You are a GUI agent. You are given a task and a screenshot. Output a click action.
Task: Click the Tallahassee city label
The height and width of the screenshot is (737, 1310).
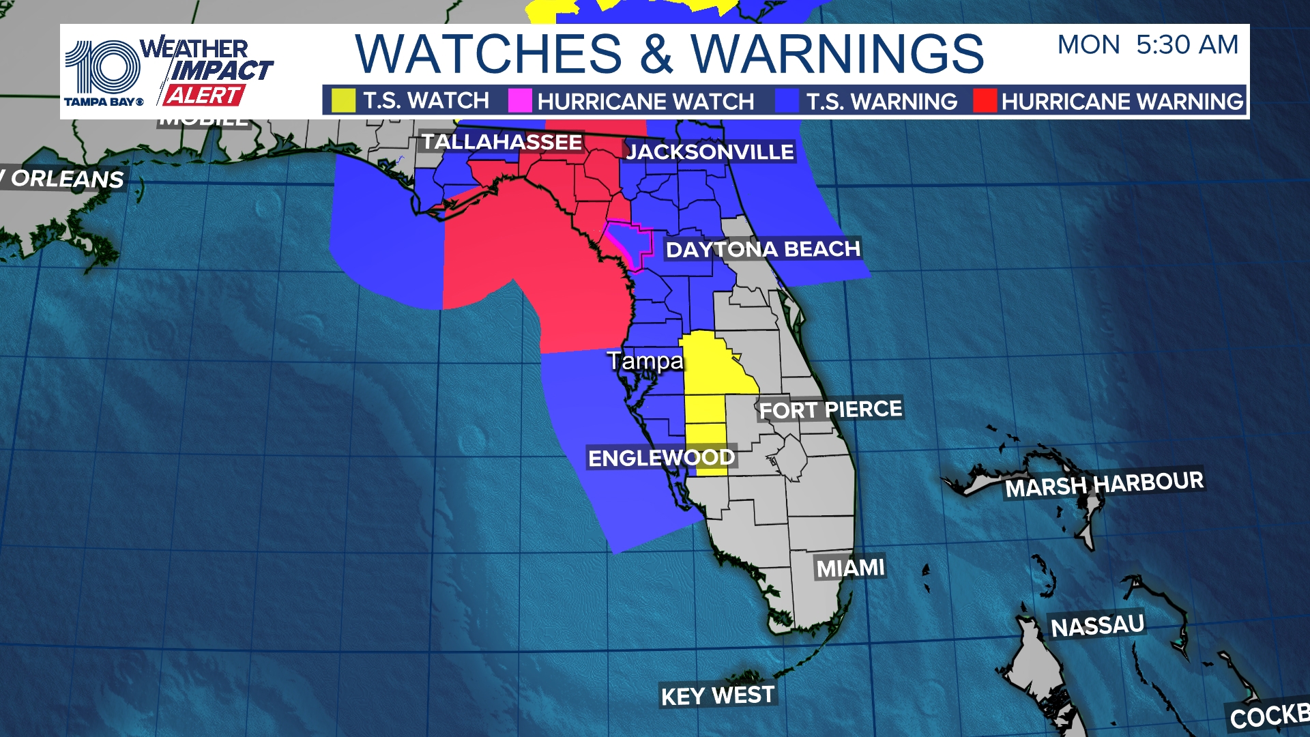pyautogui.click(x=501, y=142)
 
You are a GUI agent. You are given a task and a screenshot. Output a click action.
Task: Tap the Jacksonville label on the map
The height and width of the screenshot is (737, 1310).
pyautogui.click(x=710, y=151)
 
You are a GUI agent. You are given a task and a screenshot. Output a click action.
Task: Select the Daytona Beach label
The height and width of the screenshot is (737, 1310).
pyautogui.click(x=763, y=249)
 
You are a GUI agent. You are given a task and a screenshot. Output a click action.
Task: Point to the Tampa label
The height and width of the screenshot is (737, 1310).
pyautogui.click(x=645, y=360)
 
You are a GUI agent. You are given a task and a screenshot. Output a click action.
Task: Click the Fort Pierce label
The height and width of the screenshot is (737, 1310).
pyautogui.click(x=830, y=409)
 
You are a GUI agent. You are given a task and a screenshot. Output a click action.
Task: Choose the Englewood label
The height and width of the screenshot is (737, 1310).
pyautogui.click(x=661, y=458)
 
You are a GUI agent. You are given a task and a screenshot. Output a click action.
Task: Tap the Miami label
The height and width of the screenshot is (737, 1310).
pyautogui.click(x=850, y=568)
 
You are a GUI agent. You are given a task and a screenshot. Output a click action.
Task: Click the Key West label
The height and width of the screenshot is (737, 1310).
pyautogui.click(x=717, y=695)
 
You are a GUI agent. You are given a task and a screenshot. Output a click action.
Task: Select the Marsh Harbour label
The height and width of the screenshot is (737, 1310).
pyautogui.click(x=1104, y=484)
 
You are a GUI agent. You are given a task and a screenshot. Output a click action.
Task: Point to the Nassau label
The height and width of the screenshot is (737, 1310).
pyautogui.click(x=1097, y=626)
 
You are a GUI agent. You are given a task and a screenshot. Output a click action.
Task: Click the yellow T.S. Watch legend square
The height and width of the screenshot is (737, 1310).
pyautogui.click(x=343, y=101)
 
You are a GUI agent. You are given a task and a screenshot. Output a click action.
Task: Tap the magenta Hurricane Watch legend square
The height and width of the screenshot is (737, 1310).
pyautogui.click(x=520, y=101)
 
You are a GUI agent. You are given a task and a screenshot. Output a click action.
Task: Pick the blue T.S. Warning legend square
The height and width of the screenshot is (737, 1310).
pyautogui.click(x=787, y=101)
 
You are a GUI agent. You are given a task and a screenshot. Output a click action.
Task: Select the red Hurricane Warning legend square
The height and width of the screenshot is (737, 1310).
pyautogui.click(x=985, y=101)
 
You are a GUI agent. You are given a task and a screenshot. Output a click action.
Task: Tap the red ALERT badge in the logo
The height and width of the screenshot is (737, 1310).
pyautogui.click(x=203, y=96)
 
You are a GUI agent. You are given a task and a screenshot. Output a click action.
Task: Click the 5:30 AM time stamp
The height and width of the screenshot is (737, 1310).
pyautogui.click(x=1187, y=45)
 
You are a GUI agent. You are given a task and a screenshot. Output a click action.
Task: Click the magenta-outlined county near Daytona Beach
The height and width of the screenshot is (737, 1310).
pyautogui.click(x=629, y=242)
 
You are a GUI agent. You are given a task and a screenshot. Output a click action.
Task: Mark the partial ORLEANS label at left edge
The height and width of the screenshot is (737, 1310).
pyautogui.click(x=65, y=179)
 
